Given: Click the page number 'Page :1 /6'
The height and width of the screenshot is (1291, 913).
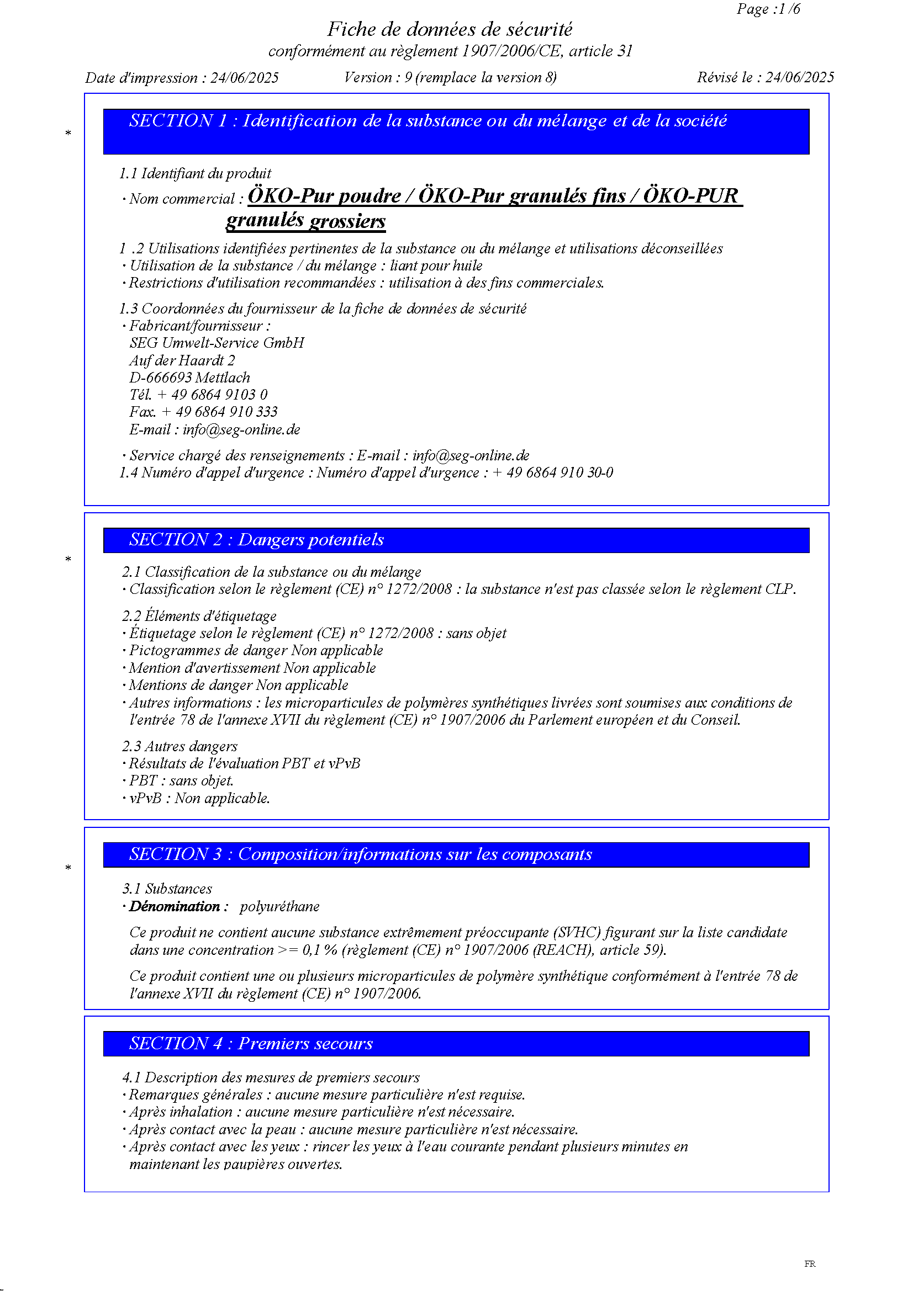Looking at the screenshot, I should (x=768, y=9).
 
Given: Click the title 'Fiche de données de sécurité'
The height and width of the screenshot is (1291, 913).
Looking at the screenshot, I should (x=450, y=29).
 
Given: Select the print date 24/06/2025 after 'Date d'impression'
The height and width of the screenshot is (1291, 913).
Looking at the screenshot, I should (x=244, y=78).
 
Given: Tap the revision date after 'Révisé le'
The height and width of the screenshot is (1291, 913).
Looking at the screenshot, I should (x=799, y=77).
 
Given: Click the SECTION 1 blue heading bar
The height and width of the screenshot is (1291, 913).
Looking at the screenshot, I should (x=456, y=131).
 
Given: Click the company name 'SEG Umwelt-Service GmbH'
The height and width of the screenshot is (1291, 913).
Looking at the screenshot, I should (x=217, y=343).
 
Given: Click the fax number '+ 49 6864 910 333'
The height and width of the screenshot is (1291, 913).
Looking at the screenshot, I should (x=219, y=412).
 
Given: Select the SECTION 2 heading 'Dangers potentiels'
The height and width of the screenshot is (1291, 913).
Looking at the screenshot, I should (x=310, y=540).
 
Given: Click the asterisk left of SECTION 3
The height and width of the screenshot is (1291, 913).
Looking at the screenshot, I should (x=68, y=868).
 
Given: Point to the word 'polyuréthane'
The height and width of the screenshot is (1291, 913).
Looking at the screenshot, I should (x=279, y=906).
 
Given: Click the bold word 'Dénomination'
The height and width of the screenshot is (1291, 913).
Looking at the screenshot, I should (x=175, y=906).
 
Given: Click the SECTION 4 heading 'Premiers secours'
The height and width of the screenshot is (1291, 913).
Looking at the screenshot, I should (x=305, y=1044).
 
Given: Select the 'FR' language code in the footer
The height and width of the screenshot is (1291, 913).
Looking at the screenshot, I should (x=810, y=1263).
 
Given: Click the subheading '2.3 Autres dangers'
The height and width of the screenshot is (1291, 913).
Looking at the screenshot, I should (x=180, y=746).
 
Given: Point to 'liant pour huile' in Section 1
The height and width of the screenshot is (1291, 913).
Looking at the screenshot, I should (x=436, y=266).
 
